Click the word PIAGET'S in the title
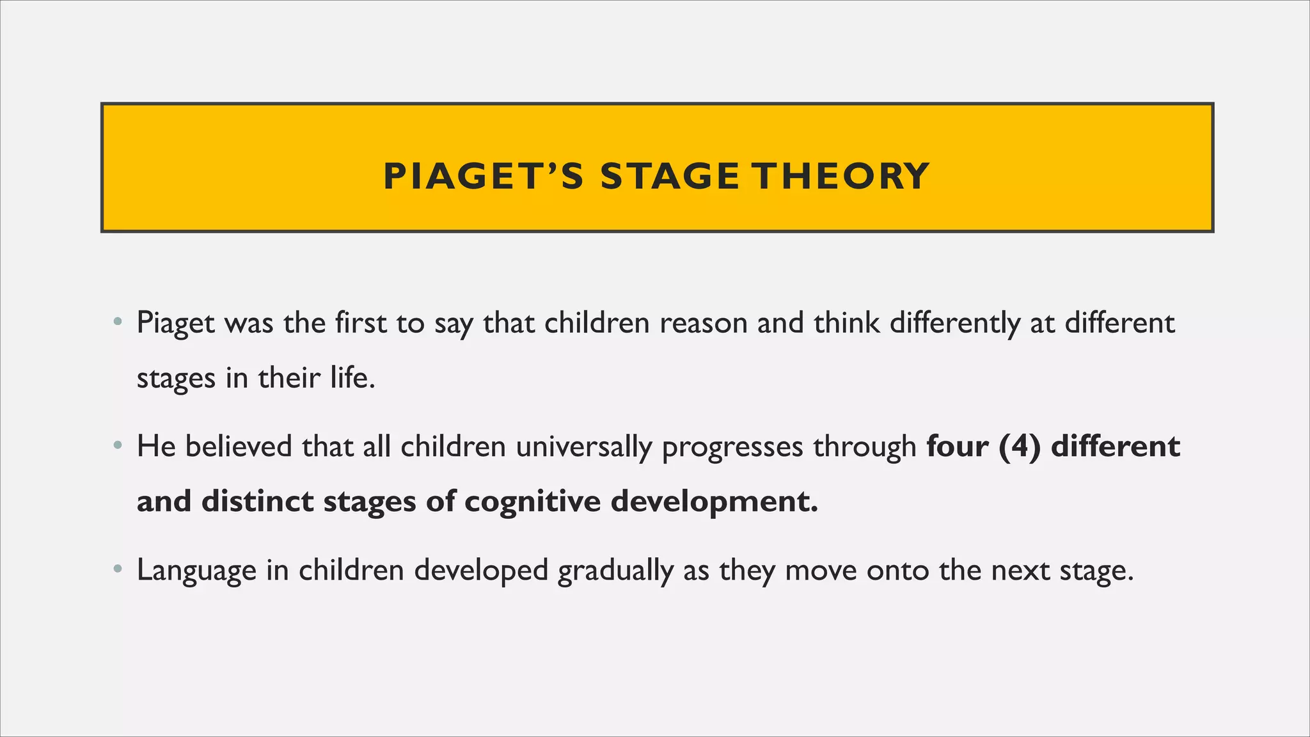(483, 177)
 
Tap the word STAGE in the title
(669, 177)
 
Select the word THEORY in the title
(840, 177)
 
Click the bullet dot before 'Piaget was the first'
(116, 322)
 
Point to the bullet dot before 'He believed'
(116, 445)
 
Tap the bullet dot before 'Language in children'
(116, 569)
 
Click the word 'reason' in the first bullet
(703, 324)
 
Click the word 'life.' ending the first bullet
(352, 378)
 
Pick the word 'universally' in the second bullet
(583, 447)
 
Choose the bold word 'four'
(957, 447)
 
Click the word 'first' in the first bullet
(360, 323)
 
